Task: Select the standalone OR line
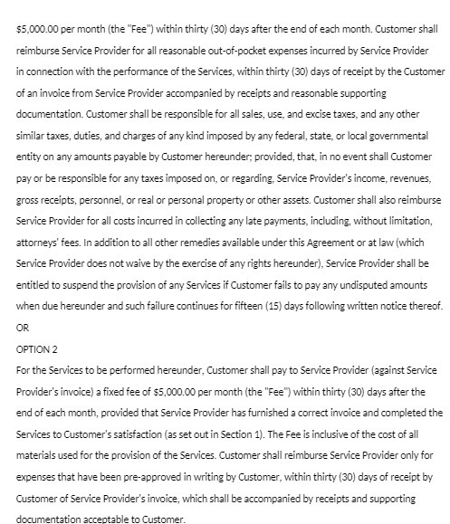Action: pyautogui.click(x=23, y=328)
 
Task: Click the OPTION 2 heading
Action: pyautogui.click(x=37, y=348)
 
